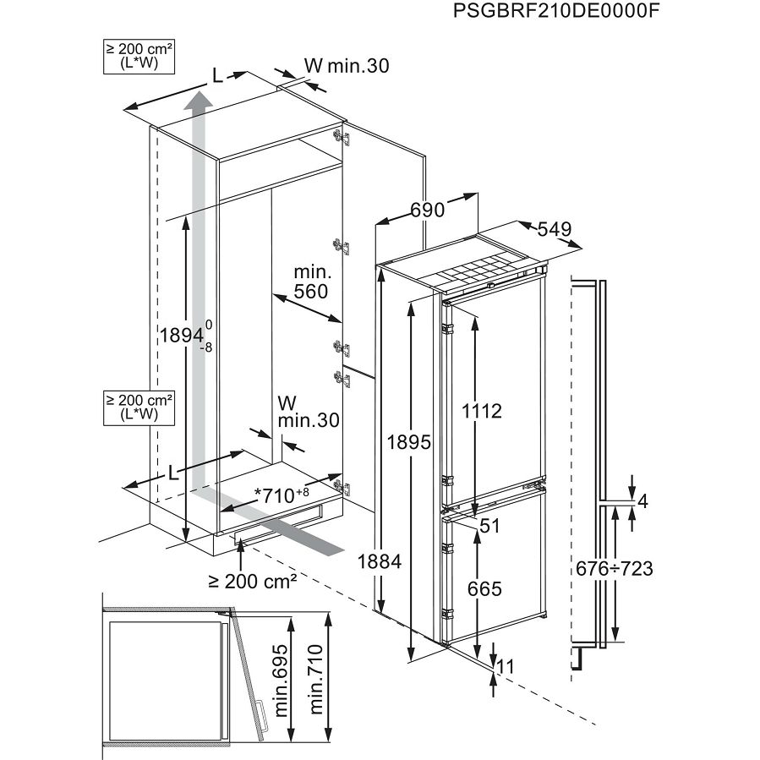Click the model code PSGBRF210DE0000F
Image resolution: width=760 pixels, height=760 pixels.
coord(555,12)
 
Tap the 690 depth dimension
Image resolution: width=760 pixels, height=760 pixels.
coord(428,210)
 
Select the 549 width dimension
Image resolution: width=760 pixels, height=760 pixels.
coord(555,229)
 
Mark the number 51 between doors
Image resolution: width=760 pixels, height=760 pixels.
coord(490,526)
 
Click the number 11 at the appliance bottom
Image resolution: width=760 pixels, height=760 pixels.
coord(505,667)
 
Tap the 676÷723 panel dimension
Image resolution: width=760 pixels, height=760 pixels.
coord(615,568)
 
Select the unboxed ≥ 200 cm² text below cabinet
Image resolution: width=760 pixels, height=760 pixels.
coord(253,581)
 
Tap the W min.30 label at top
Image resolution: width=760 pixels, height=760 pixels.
coord(346,65)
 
